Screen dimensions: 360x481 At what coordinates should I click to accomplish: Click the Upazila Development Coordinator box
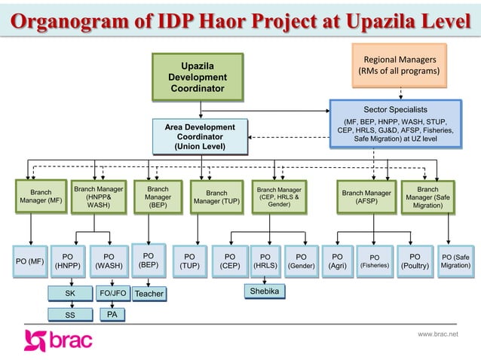(197, 77)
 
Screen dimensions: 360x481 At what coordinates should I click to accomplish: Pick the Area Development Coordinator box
(200, 137)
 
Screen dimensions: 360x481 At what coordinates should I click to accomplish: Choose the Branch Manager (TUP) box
(216, 197)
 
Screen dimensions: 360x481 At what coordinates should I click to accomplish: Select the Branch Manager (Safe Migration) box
(427, 197)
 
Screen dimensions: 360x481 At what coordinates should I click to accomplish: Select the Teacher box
(149, 293)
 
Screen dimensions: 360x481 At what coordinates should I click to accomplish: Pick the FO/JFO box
(112, 293)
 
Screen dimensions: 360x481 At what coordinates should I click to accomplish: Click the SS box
(69, 314)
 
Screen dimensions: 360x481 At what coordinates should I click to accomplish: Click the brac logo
(58, 340)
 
